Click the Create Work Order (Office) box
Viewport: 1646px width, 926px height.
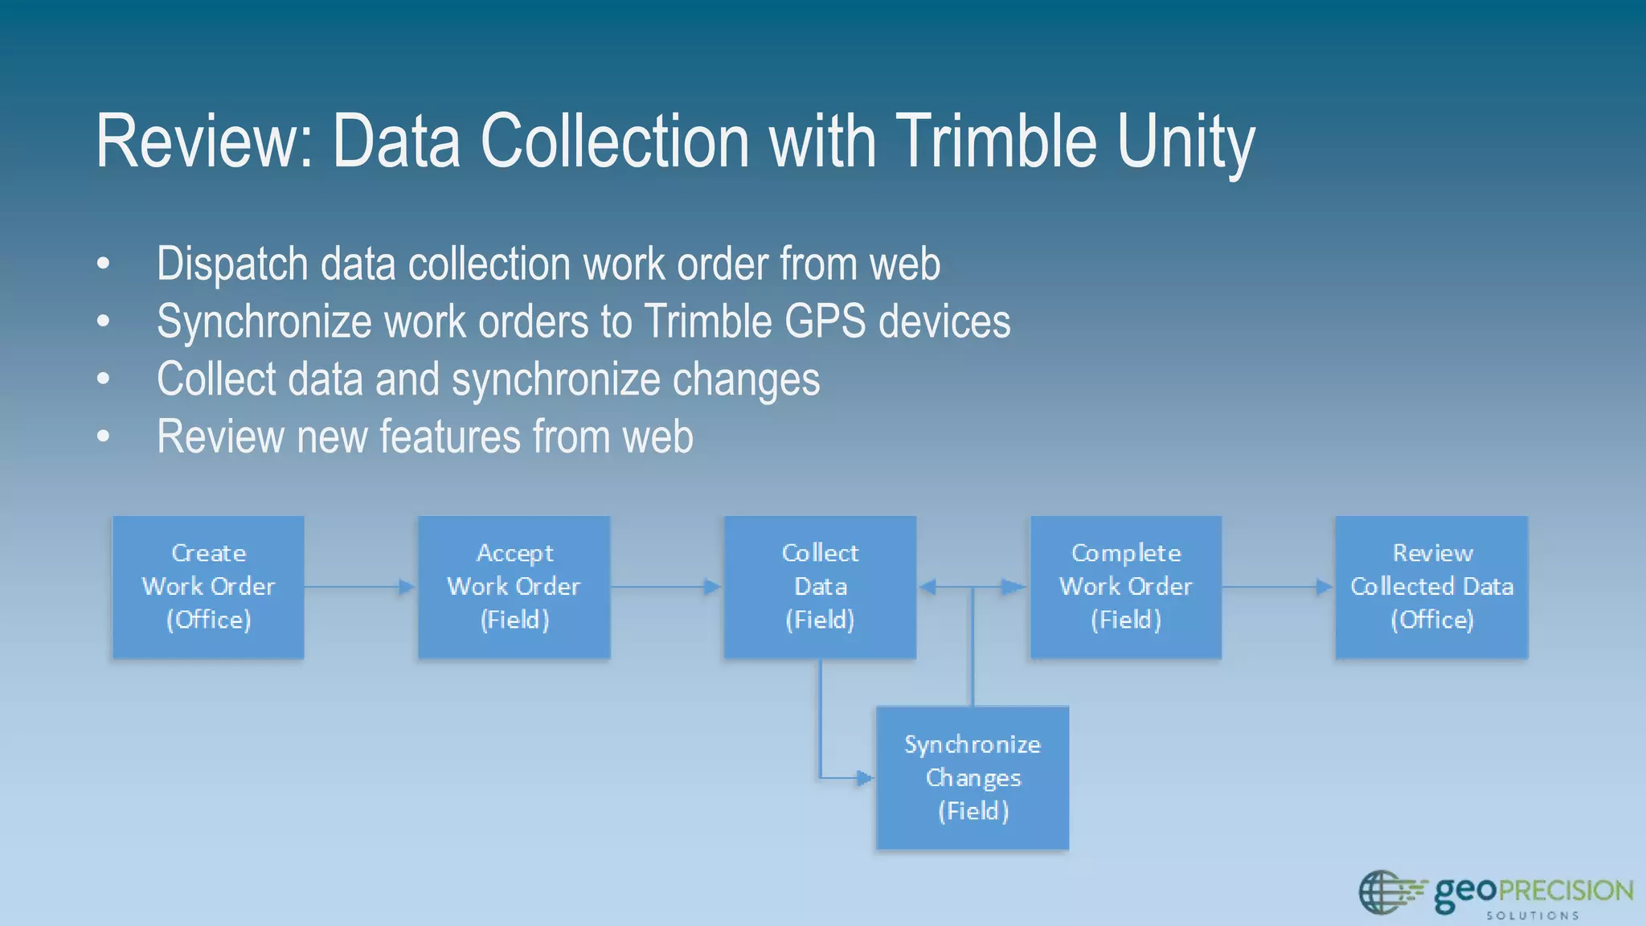click(208, 587)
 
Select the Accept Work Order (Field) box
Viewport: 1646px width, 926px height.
click(514, 587)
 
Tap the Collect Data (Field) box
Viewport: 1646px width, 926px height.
click(820, 587)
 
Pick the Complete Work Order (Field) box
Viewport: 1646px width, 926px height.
click(1125, 587)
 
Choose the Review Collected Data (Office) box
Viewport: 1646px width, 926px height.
click(1431, 587)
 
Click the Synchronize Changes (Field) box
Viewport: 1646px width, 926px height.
click(972, 777)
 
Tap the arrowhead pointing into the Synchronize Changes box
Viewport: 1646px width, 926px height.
click(865, 777)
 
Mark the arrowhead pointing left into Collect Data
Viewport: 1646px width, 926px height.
click(927, 587)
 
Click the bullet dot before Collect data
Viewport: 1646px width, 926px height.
click(103, 379)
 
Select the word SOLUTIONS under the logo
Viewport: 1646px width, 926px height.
click(1532, 916)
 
